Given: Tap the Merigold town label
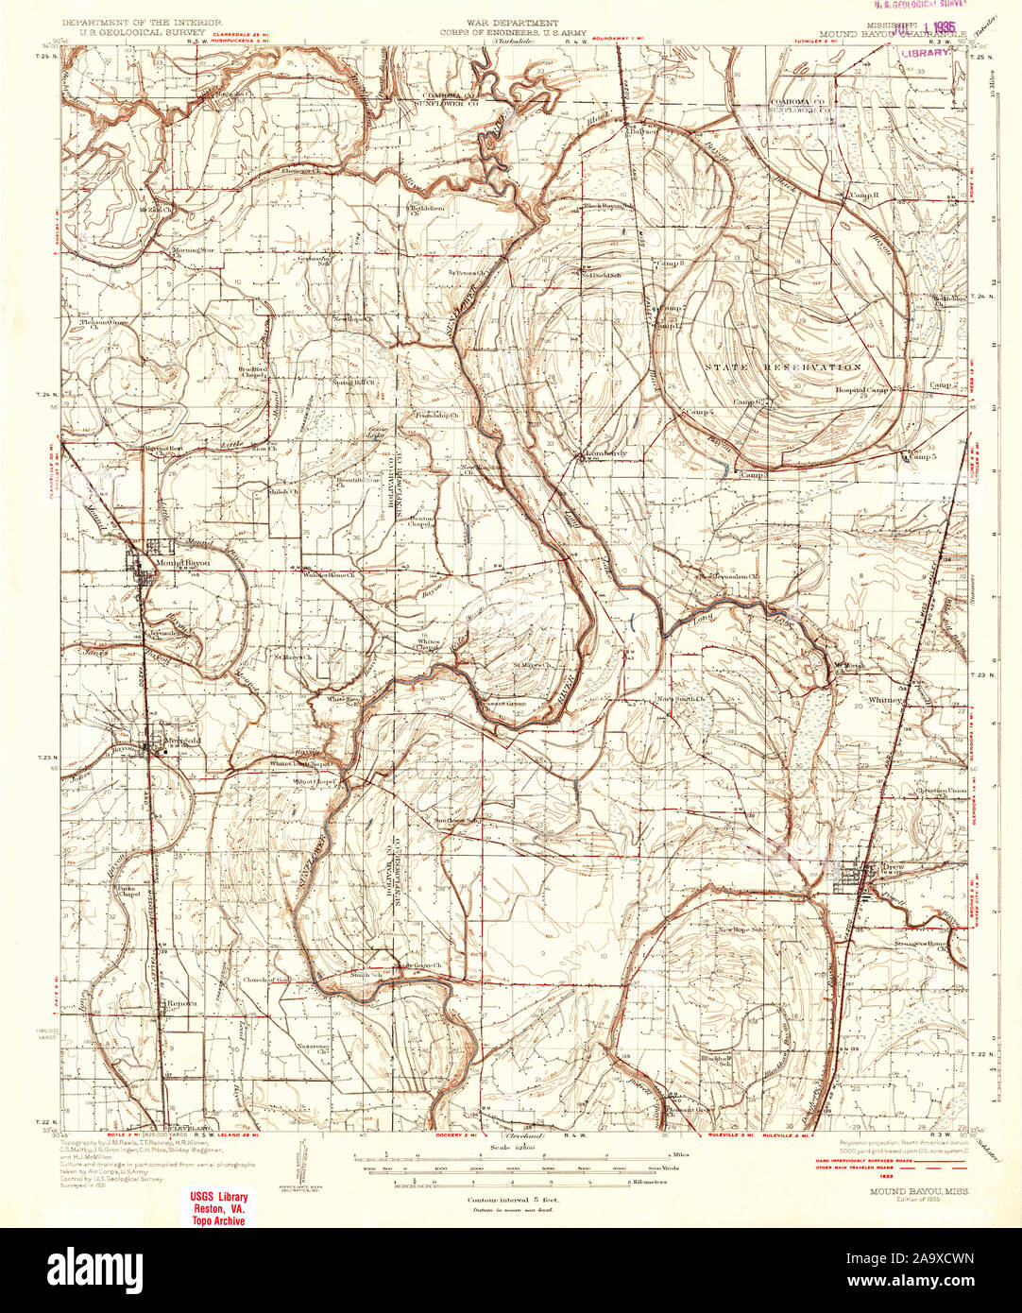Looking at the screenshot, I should point(181,741).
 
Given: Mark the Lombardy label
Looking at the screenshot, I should point(606,453).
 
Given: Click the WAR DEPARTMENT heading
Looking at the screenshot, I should point(511,22).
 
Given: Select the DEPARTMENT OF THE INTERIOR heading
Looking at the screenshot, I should point(142,21).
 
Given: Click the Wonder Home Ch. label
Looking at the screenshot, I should point(328,574).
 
